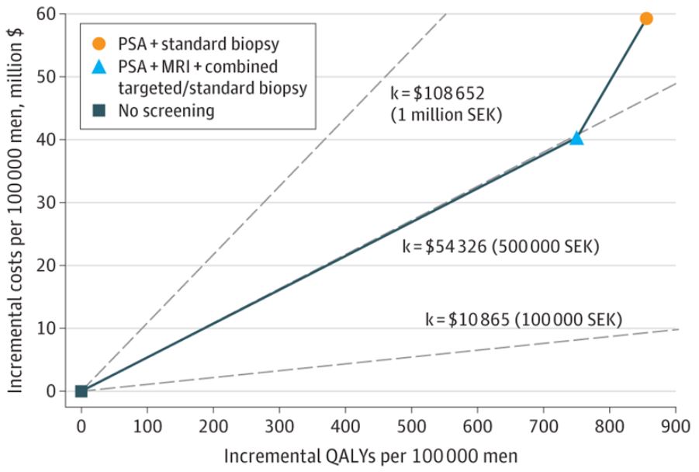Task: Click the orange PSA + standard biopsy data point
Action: point(645,18)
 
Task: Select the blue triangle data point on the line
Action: point(576,138)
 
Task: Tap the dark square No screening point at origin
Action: point(81,390)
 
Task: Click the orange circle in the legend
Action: point(99,44)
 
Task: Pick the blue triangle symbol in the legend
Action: point(99,66)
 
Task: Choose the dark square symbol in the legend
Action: point(99,110)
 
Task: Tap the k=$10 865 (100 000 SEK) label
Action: point(524,318)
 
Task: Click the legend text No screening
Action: point(166,110)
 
